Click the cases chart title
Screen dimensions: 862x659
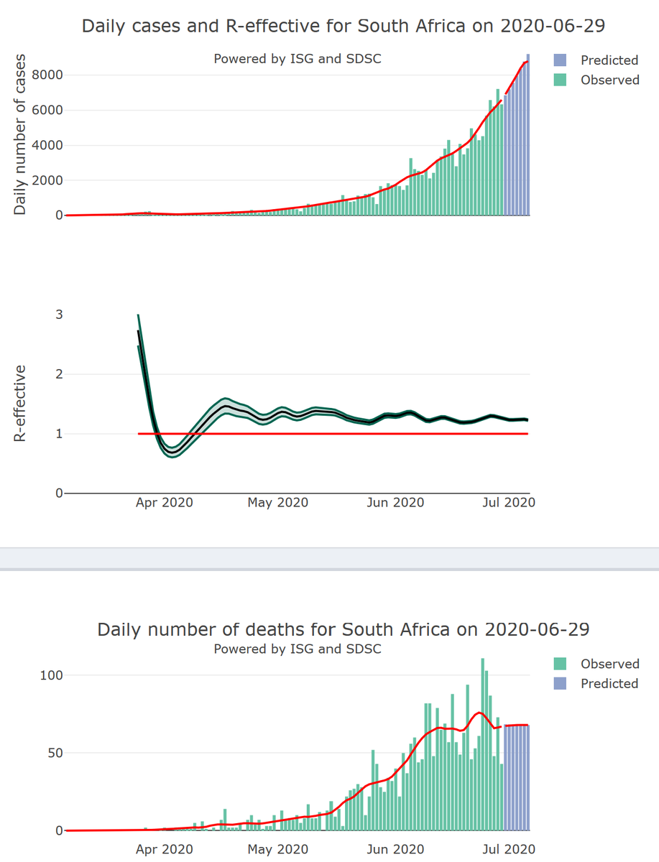[x=344, y=27]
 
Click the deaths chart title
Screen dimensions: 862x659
[x=344, y=630]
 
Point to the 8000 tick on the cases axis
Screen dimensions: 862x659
[x=45, y=75]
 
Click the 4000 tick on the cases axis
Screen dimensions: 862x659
[x=45, y=145]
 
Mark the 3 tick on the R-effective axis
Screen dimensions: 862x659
[x=59, y=315]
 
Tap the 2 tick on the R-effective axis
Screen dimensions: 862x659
[x=59, y=374]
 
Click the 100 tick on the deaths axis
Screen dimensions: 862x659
[x=53, y=675]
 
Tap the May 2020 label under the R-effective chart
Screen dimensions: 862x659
[x=277, y=503]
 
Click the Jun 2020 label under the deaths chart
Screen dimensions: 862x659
[x=395, y=849]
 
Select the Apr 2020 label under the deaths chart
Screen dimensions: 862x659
[x=164, y=849]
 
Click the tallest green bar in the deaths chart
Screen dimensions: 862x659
[x=483, y=744]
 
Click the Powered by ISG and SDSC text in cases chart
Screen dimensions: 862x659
[x=298, y=59]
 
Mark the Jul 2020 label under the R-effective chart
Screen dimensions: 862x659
[x=509, y=503]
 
